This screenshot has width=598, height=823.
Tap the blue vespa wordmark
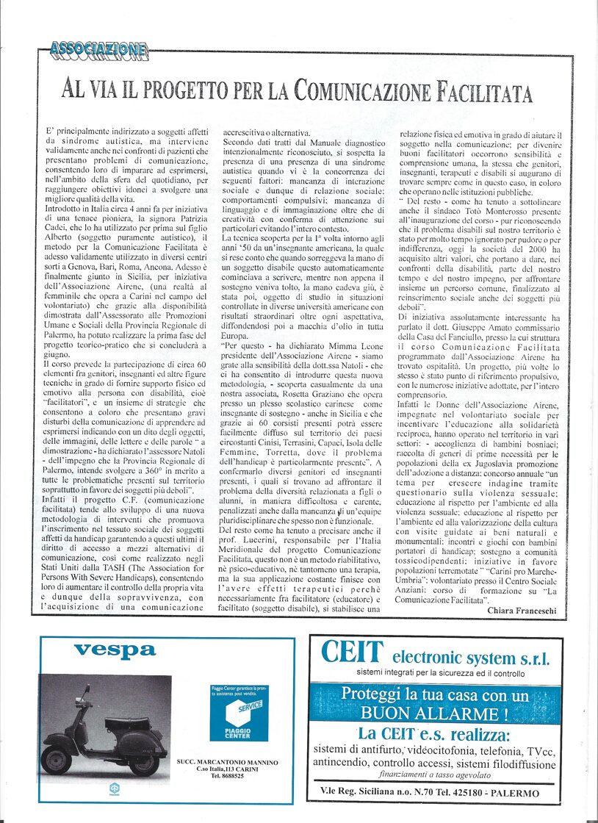115,650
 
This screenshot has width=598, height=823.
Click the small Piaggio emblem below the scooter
115,788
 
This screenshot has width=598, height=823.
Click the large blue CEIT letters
353,653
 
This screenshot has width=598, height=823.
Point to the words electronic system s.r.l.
471,657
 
